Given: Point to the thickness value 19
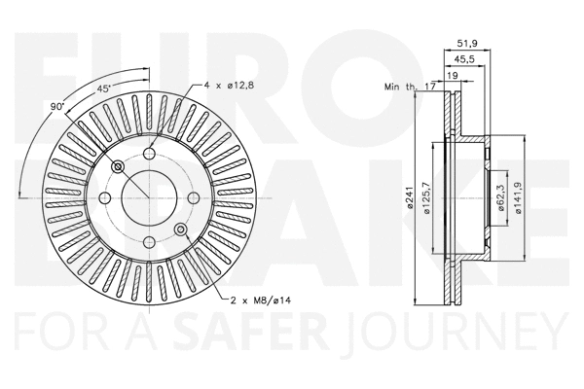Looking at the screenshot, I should pos(453,76).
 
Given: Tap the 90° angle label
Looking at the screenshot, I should pos(57,105).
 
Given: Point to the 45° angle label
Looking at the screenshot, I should pos(104,89).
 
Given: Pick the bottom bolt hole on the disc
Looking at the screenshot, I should pos(150,243).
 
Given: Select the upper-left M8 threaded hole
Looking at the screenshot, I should pos(119,167).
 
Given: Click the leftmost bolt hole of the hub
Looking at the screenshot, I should pos(105,198).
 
